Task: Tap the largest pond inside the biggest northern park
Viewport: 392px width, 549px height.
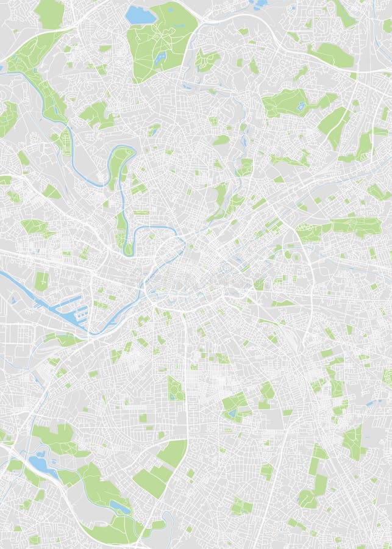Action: [x=160, y=58]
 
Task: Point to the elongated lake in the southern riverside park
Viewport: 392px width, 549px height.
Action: [x=119, y=506]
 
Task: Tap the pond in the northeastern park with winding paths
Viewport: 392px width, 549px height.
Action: [x=301, y=106]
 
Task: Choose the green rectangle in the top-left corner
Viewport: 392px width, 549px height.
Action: [x=50, y=13]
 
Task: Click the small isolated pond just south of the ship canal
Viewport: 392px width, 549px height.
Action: [x=13, y=300]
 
